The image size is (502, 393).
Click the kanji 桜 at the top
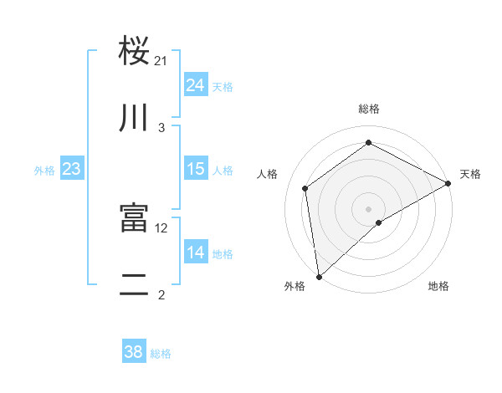135,50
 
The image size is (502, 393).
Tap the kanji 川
135,119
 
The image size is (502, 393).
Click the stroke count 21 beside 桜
161,60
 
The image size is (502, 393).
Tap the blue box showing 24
196,85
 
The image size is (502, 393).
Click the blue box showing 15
196,169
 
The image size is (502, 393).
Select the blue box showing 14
196,253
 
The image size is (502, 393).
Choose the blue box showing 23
71,170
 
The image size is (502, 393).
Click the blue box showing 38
134,352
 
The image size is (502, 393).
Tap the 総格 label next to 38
161,354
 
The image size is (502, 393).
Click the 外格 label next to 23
44,171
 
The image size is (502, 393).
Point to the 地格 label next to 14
223,254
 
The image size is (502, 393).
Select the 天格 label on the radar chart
470,174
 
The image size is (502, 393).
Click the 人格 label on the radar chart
268,174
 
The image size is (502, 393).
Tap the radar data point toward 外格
319,276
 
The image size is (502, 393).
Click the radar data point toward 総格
368,143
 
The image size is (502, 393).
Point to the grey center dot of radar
368,208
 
